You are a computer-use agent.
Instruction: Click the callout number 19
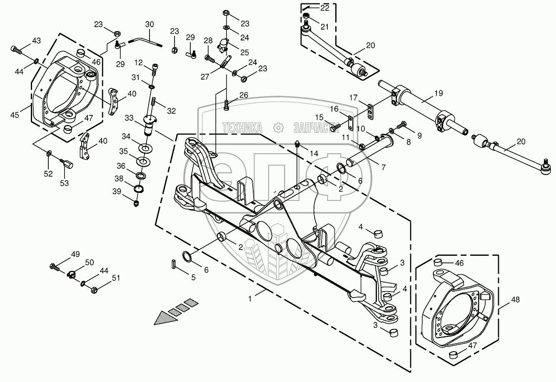click(x=439, y=93)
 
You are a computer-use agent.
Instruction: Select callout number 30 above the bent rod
click(x=150, y=24)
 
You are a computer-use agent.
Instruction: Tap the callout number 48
click(x=516, y=300)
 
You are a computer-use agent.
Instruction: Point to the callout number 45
click(x=15, y=115)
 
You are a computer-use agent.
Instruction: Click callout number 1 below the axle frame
click(x=250, y=299)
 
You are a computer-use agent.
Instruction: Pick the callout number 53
click(x=64, y=183)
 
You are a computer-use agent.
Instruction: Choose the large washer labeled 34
click(x=146, y=149)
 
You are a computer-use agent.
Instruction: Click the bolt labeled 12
click(x=155, y=69)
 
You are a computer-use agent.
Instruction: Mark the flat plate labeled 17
click(x=370, y=112)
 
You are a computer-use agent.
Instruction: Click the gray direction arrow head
click(x=165, y=318)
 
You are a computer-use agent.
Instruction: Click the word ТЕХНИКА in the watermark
click(x=242, y=127)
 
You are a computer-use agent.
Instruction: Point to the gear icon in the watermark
click(x=278, y=127)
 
